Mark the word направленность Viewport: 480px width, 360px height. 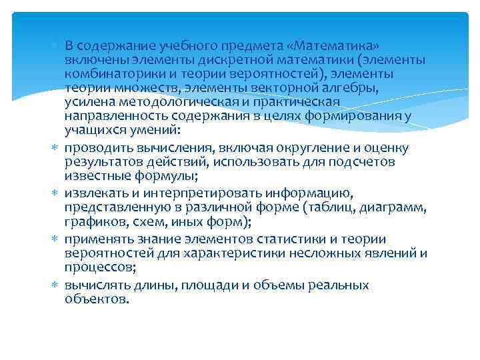tap(111, 115)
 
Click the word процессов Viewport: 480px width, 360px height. tap(98, 267)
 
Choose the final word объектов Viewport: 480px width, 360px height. tap(95, 299)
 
